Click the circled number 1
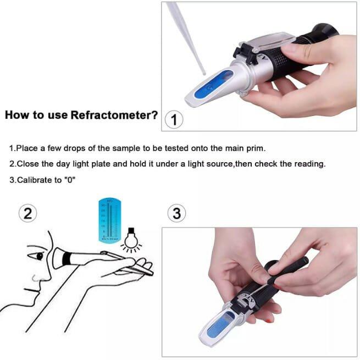[174, 119]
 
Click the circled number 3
[176, 213]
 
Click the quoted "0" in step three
[69, 180]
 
